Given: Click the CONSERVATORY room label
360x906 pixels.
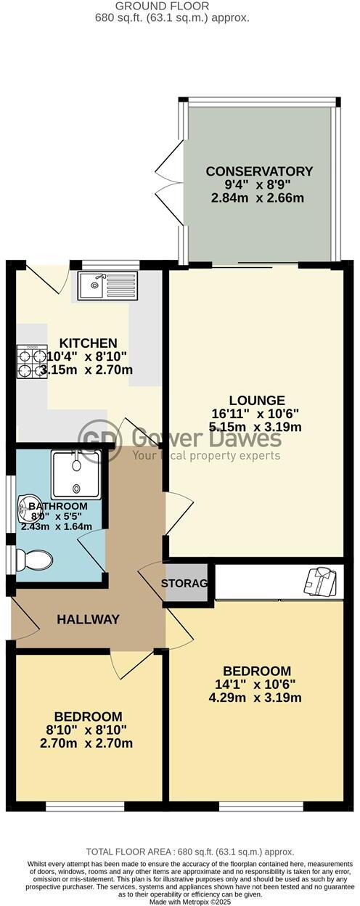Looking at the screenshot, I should point(259,171).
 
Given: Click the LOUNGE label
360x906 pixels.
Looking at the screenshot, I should point(256,400).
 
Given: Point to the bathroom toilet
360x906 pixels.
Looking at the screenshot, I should point(36,560).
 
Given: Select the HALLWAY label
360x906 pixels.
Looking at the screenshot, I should point(88,619).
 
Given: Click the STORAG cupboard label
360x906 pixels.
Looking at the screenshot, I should point(184,583).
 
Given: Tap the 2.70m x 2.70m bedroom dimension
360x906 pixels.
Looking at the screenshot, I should point(91,743).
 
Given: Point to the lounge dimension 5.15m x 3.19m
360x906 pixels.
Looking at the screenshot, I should point(256,426).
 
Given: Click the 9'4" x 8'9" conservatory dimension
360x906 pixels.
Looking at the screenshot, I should point(259,185).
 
